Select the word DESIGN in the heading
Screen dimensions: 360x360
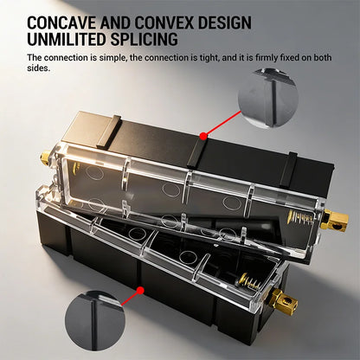coord(224,22)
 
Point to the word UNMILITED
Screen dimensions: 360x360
coord(67,39)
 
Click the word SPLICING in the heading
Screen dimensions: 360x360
coord(145,39)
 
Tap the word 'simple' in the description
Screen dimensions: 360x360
coord(113,58)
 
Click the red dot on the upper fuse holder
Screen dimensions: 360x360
coord(203,136)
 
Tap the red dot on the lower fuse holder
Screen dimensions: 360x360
coord(140,291)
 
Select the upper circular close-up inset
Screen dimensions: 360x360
coord(268,98)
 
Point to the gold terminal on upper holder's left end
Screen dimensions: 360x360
coord(45,157)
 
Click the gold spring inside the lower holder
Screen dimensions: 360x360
coord(250,281)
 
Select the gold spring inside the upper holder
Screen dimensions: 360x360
coord(300,216)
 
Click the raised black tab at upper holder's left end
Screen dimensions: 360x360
coord(109,132)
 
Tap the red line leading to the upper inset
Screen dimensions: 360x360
coord(222,123)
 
